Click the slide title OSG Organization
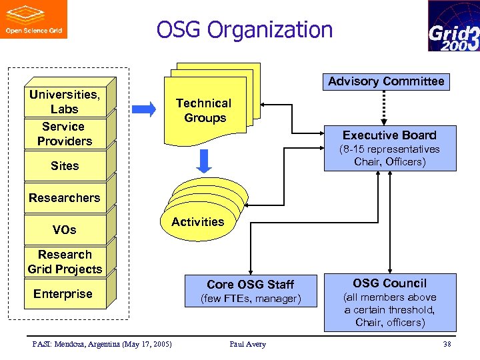244,30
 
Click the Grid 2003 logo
453,26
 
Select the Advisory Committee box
385,81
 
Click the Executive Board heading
389,135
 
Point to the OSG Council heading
390,283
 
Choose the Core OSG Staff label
250,285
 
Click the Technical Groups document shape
203,111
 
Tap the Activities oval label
197,222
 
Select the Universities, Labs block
64,101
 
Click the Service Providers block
64,133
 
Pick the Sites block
64,166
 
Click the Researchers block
64,198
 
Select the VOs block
64,230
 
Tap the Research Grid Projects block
64,262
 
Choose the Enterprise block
63,294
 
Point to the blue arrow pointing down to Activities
205,160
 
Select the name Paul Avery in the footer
247,344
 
